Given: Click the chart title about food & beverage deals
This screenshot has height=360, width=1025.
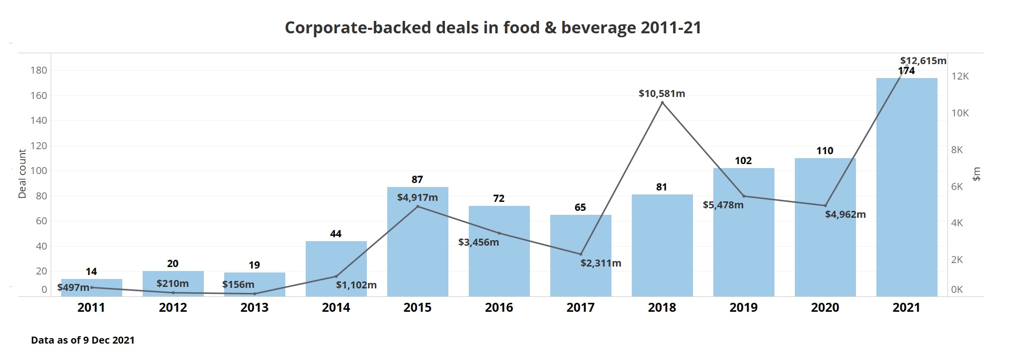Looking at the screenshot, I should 493,27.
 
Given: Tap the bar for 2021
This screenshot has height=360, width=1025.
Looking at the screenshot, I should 906,189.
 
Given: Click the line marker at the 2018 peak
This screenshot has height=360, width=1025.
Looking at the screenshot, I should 662,103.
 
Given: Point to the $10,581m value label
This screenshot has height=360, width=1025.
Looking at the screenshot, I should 662,93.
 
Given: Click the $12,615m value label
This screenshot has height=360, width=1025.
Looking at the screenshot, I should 923,61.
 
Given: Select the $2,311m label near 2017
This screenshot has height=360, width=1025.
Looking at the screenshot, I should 600,263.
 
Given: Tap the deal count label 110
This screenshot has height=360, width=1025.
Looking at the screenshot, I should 825,151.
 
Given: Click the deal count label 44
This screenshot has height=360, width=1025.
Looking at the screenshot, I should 336,234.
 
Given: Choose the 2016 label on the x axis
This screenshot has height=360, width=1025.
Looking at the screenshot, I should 499,308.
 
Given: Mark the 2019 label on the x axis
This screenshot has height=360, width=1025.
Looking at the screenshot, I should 743,308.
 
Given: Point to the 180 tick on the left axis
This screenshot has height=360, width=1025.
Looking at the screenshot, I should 39,70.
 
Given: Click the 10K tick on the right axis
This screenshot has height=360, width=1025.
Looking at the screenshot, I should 960,113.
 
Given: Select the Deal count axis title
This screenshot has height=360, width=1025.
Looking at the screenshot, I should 22,174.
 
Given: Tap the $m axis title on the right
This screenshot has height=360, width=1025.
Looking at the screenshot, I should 976,174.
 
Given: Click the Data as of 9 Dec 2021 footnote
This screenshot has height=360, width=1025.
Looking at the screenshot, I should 83,340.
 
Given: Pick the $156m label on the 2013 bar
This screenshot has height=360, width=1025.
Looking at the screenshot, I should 238,284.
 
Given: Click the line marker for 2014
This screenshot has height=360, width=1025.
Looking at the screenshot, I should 336,276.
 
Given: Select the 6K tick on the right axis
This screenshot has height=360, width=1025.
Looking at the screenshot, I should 957,187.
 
